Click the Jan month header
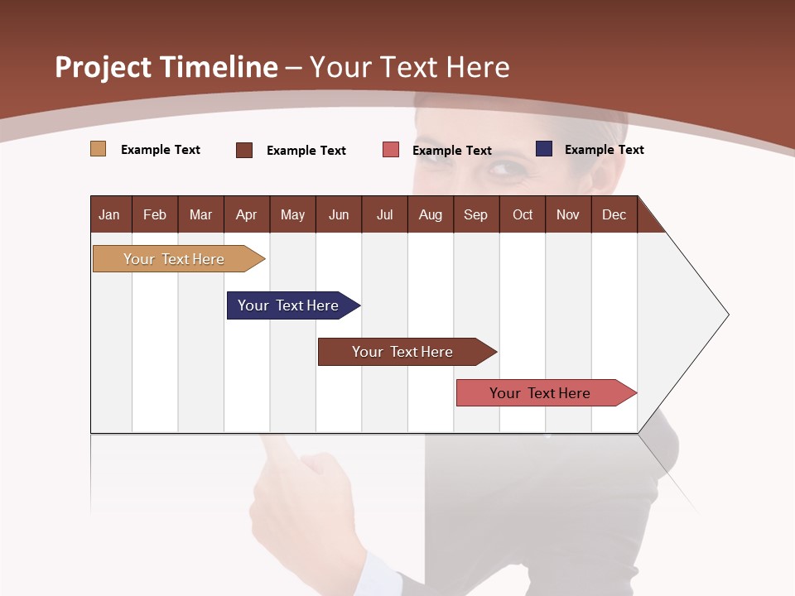(109, 214)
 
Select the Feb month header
(155, 214)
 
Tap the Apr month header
(247, 214)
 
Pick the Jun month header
(339, 214)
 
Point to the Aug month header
(431, 214)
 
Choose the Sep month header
(476, 214)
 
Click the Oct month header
(523, 214)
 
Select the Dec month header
(614, 214)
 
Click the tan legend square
(98, 149)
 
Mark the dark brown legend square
(244, 150)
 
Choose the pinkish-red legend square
(391, 150)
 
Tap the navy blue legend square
(544, 149)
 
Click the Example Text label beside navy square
(604, 150)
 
